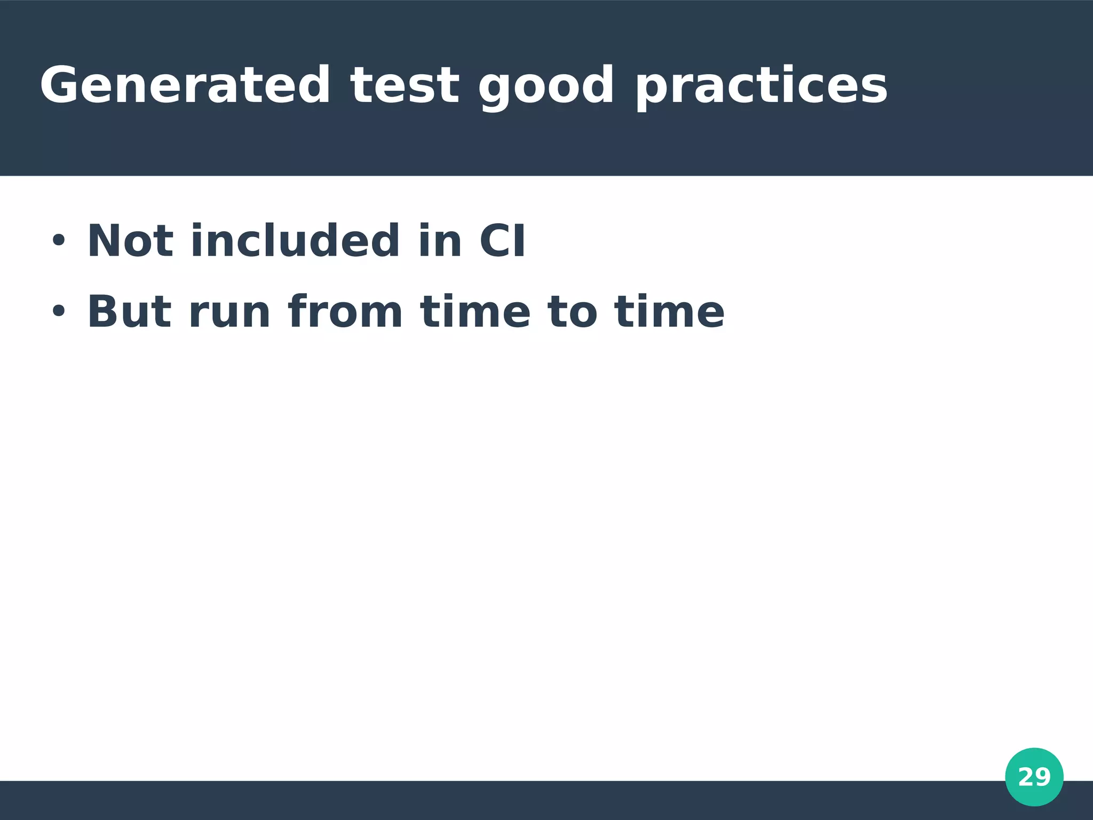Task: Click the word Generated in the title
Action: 185,85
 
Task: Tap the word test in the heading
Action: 405,85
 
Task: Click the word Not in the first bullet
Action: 130,241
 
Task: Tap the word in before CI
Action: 440,241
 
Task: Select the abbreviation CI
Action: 502,241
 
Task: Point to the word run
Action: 229,315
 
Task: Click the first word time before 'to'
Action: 475,312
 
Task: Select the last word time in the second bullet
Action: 669,312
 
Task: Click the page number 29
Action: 1034,777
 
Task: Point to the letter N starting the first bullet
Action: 101,241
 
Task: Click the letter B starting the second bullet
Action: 101,312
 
